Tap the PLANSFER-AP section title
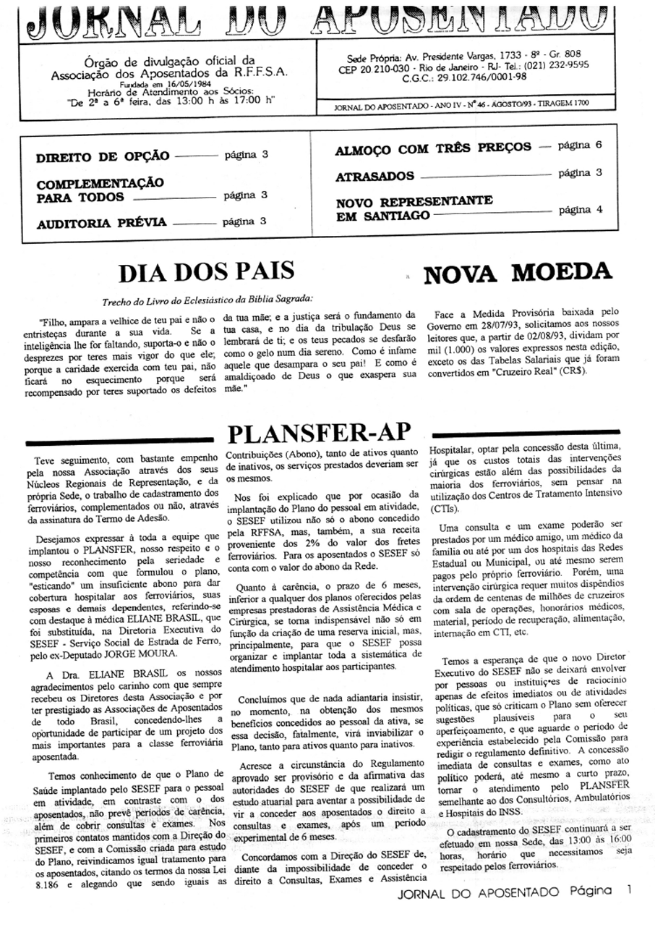click(319, 434)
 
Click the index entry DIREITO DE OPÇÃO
click(103, 156)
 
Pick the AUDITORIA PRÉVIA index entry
click(101, 222)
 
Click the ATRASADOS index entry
click(374, 177)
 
